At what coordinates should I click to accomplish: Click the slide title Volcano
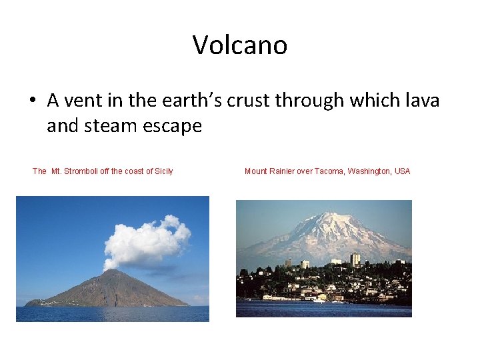click(x=240, y=45)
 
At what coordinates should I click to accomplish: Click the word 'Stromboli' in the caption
click(x=85, y=171)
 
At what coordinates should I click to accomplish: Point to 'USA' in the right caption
click(x=402, y=171)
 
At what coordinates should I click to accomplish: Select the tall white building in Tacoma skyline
click(x=355, y=259)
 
